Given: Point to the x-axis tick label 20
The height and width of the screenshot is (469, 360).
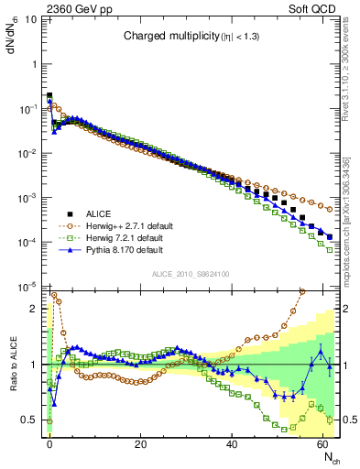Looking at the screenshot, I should click(140, 442).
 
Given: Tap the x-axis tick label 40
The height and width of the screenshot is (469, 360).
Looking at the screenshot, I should click(232, 442).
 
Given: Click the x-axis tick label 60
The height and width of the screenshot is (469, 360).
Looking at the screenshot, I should click(323, 442).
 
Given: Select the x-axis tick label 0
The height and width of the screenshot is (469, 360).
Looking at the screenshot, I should click(49, 442).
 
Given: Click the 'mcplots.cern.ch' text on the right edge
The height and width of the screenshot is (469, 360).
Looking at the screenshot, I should click(352, 224).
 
